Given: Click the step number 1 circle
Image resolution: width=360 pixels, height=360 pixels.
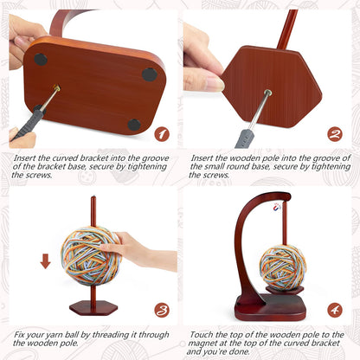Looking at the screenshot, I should (x=160, y=134).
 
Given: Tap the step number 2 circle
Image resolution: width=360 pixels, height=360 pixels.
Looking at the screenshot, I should (x=334, y=134).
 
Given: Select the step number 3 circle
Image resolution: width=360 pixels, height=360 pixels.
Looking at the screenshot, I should (x=160, y=309).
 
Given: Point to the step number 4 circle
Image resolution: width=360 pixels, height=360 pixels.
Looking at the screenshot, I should (x=334, y=309).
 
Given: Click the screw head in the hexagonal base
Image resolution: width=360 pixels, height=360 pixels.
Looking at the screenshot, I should (x=267, y=92).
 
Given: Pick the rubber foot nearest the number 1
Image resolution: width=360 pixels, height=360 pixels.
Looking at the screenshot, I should (x=134, y=124).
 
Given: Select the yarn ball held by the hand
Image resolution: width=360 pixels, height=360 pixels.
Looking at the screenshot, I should (x=91, y=254).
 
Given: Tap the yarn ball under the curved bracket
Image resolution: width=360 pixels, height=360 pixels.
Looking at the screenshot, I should (x=283, y=267).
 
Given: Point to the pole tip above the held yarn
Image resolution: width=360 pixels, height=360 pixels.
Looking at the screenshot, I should (x=93, y=202).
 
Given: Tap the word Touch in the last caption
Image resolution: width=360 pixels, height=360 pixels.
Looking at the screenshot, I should (x=201, y=333).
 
